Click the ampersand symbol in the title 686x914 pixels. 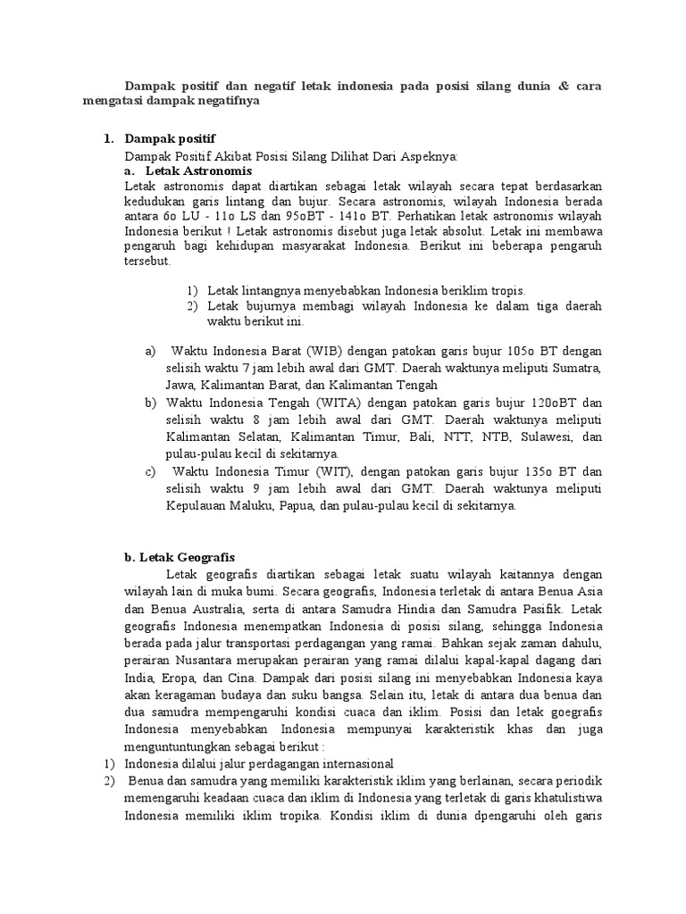click(x=562, y=86)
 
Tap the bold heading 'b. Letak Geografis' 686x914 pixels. click(x=180, y=556)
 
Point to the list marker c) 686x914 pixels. click(x=150, y=471)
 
